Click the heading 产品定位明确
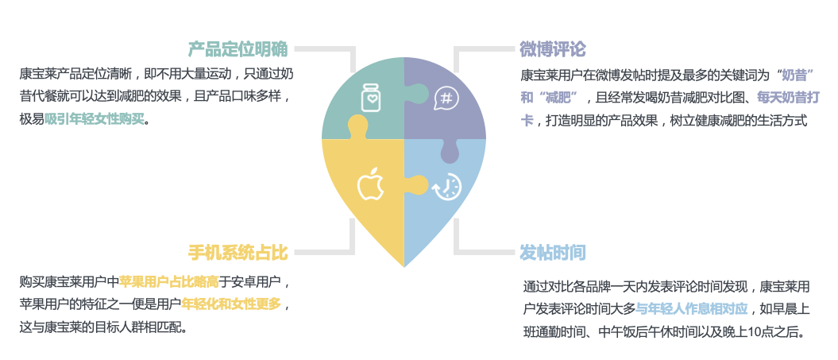click(x=237, y=49)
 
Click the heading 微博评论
click(x=553, y=49)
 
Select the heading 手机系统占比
click(x=237, y=254)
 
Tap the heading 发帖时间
click(x=553, y=254)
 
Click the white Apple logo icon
click(x=369, y=184)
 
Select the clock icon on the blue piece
click(x=447, y=186)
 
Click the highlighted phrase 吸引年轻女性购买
click(x=95, y=120)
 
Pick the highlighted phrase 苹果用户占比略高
click(x=168, y=282)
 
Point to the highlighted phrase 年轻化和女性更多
click(x=231, y=304)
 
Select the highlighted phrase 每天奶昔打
click(x=786, y=99)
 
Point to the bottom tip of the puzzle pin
click(x=404, y=265)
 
